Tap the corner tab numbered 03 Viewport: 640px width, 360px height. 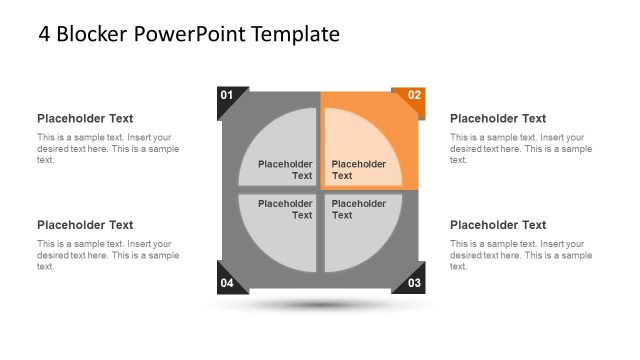click(x=412, y=282)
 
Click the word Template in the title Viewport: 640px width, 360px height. click(x=296, y=34)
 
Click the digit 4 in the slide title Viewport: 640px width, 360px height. click(x=45, y=34)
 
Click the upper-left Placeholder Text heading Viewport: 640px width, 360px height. click(x=85, y=118)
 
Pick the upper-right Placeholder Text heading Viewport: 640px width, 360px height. click(x=498, y=118)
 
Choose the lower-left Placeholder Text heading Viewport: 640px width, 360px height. click(x=85, y=225)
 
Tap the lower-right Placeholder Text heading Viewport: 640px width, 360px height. click(x=498, y=225)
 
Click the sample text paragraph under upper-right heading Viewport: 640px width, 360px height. click(x=520, y=148)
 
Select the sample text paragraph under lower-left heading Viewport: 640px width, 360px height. click(x=108, y=255)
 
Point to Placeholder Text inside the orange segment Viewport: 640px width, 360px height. click(x=358, y=170)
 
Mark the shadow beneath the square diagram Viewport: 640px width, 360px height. click(x=320, y=304)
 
